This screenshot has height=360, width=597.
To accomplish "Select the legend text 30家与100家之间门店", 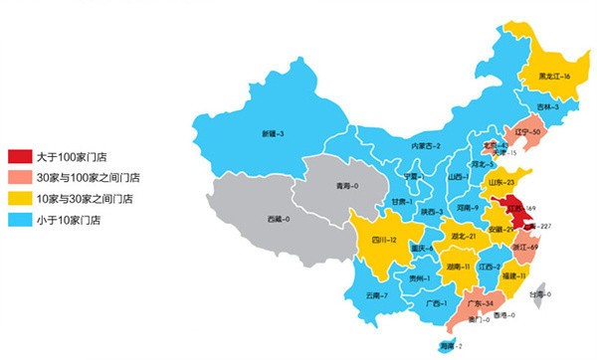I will click(88, 177).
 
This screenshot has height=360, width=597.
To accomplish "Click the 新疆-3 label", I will click(274, 133).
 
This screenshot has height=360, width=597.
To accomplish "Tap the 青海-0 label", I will click(347, 186).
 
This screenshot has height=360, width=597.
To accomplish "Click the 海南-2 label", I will click(453, 345).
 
